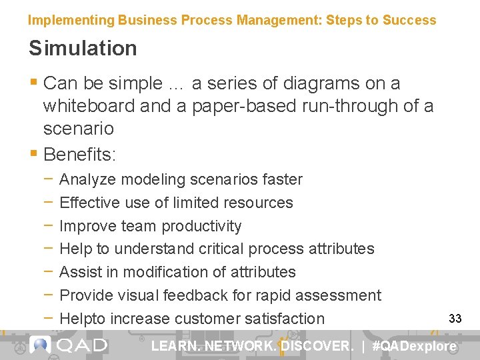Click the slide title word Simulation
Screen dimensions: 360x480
pyautogui.click(x=83, y=48)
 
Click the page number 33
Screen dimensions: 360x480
pyautogui.click(x=455, y=319)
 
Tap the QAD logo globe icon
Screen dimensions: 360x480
pyautogui.click(x=41, y=345)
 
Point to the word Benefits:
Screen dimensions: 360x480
pyautogui.click(x=79, y=154)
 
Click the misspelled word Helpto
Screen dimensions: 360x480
pyautogui.click(x=83, y=319)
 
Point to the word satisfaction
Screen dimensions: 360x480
pyautogui.click(x=284, y=319)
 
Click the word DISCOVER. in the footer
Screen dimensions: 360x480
pyautogui.click(x=317, y=346)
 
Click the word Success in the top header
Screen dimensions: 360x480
pyautogui.click(x=409, y=20)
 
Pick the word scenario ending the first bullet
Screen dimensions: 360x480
pyautogui.click(x=78, y=128)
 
